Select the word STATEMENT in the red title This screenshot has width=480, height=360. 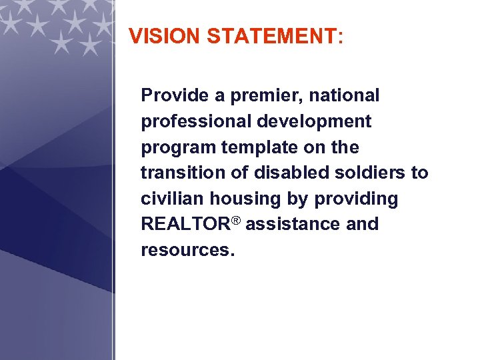point(272,36)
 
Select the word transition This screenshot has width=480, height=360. point(175,173)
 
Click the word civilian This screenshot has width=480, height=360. point(173,199)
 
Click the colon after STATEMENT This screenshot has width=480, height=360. point(341,37)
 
